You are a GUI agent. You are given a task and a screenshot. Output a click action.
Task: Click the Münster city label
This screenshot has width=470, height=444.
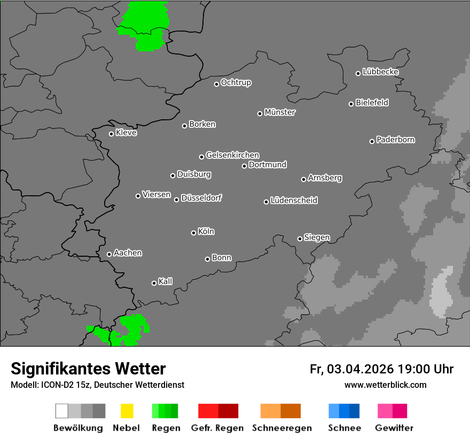[x=280, y=112]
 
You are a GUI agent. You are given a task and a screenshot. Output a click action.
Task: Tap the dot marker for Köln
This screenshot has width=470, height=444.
[x=193, y=233]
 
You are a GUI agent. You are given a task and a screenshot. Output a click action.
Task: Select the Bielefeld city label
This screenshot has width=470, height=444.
[x=372, y=103]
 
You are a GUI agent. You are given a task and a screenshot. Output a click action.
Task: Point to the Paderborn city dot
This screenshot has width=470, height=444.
[x=372, y=141]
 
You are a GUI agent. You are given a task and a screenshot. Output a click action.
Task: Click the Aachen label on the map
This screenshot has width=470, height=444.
[x=128, y=253]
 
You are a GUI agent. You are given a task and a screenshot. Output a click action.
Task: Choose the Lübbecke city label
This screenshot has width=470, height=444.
[x=380, y=72]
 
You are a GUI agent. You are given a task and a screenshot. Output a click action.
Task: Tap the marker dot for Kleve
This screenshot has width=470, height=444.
[x=111, y=134]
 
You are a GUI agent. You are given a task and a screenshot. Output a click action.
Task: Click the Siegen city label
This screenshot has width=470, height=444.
[x=317, y=238]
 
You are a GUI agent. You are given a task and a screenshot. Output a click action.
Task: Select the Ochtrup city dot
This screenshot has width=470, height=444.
[x=216, y=84]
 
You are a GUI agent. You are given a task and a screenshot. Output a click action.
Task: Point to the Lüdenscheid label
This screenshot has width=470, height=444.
[x=294, y=201]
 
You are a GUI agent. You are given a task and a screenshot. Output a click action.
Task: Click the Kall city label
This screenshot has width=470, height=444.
[x=166, y=281]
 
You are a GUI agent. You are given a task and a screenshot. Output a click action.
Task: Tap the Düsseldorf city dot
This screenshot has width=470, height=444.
[x=176, y=200]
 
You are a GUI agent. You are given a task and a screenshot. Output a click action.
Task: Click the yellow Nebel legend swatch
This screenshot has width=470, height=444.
[x=127, y=411]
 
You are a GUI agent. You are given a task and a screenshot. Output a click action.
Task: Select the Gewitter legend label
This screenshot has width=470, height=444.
[x=394, y=428]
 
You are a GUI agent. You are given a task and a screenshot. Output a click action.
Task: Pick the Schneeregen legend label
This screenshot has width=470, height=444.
[x=281, y=428]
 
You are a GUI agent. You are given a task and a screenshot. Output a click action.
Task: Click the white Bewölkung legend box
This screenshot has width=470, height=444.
[x=61, y=411]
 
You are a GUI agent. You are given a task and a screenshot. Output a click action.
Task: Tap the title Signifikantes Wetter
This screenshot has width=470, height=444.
[x=88, y=369]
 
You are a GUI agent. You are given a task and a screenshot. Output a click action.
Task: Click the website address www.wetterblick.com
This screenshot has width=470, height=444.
[x=385, y=385]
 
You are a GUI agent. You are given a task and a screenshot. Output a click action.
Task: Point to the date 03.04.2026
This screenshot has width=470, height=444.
[x=360, y=369]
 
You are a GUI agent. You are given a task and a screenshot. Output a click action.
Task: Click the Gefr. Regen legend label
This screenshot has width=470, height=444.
[x=217, y=428]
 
